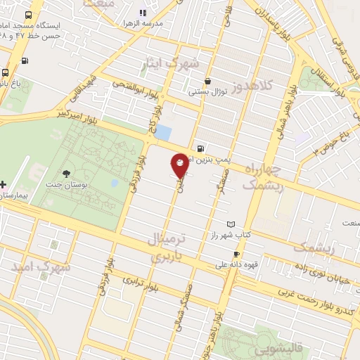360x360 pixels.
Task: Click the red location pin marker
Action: (x=180, y=165)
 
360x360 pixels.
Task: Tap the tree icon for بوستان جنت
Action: (x=67, y=174)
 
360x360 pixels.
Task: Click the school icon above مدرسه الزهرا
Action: (x=143, y=12)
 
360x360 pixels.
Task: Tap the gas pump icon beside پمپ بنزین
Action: (x=202, y=148)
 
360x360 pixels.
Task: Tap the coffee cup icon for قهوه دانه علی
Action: (x=237, y=255)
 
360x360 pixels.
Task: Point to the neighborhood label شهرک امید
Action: (x=40, y=268)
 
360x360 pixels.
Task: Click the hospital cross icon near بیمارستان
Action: (x=4, y=184)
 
